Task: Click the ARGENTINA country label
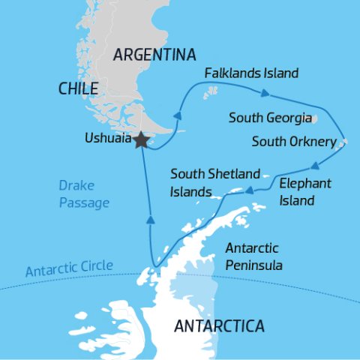click(x=154, y=55)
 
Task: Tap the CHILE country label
click(x=79, y=88)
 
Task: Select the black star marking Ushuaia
click(x=140, y=139)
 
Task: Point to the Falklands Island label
click(x=252, y=73)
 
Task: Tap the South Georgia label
click(x=269, y=118)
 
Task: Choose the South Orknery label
click(x=295, y=141)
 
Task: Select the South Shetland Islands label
click(x=204, y=182)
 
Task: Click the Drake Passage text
click(x=84, y=193)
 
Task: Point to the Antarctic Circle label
click(x=69, y=268)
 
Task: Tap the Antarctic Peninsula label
click(x=252, y=256)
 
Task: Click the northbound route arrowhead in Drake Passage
click(x=149, y=220)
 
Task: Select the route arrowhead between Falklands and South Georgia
click(x=265, y=94)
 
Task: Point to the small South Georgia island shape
click(x=315, y=119)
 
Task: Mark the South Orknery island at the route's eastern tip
click(x=343, y=142)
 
